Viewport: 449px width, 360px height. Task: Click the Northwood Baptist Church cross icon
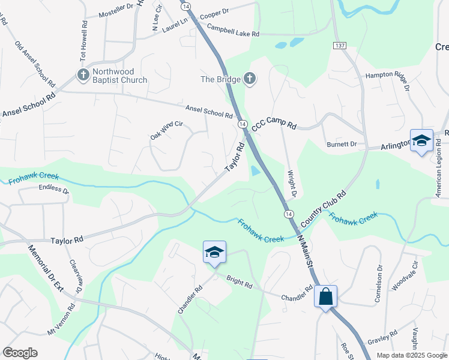tap(82, 74)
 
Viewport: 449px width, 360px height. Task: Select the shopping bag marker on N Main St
tap(325, 296)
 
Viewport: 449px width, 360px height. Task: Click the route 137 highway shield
tap(340, 46)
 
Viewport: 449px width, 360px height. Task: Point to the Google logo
tap(20, 353)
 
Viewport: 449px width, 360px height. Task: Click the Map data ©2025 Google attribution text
tap(411, 355)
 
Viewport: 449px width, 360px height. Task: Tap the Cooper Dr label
tap(214, 11)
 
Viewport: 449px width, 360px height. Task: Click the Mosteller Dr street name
tap(116, 12)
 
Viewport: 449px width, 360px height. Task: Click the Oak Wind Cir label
tap(166, 130)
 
